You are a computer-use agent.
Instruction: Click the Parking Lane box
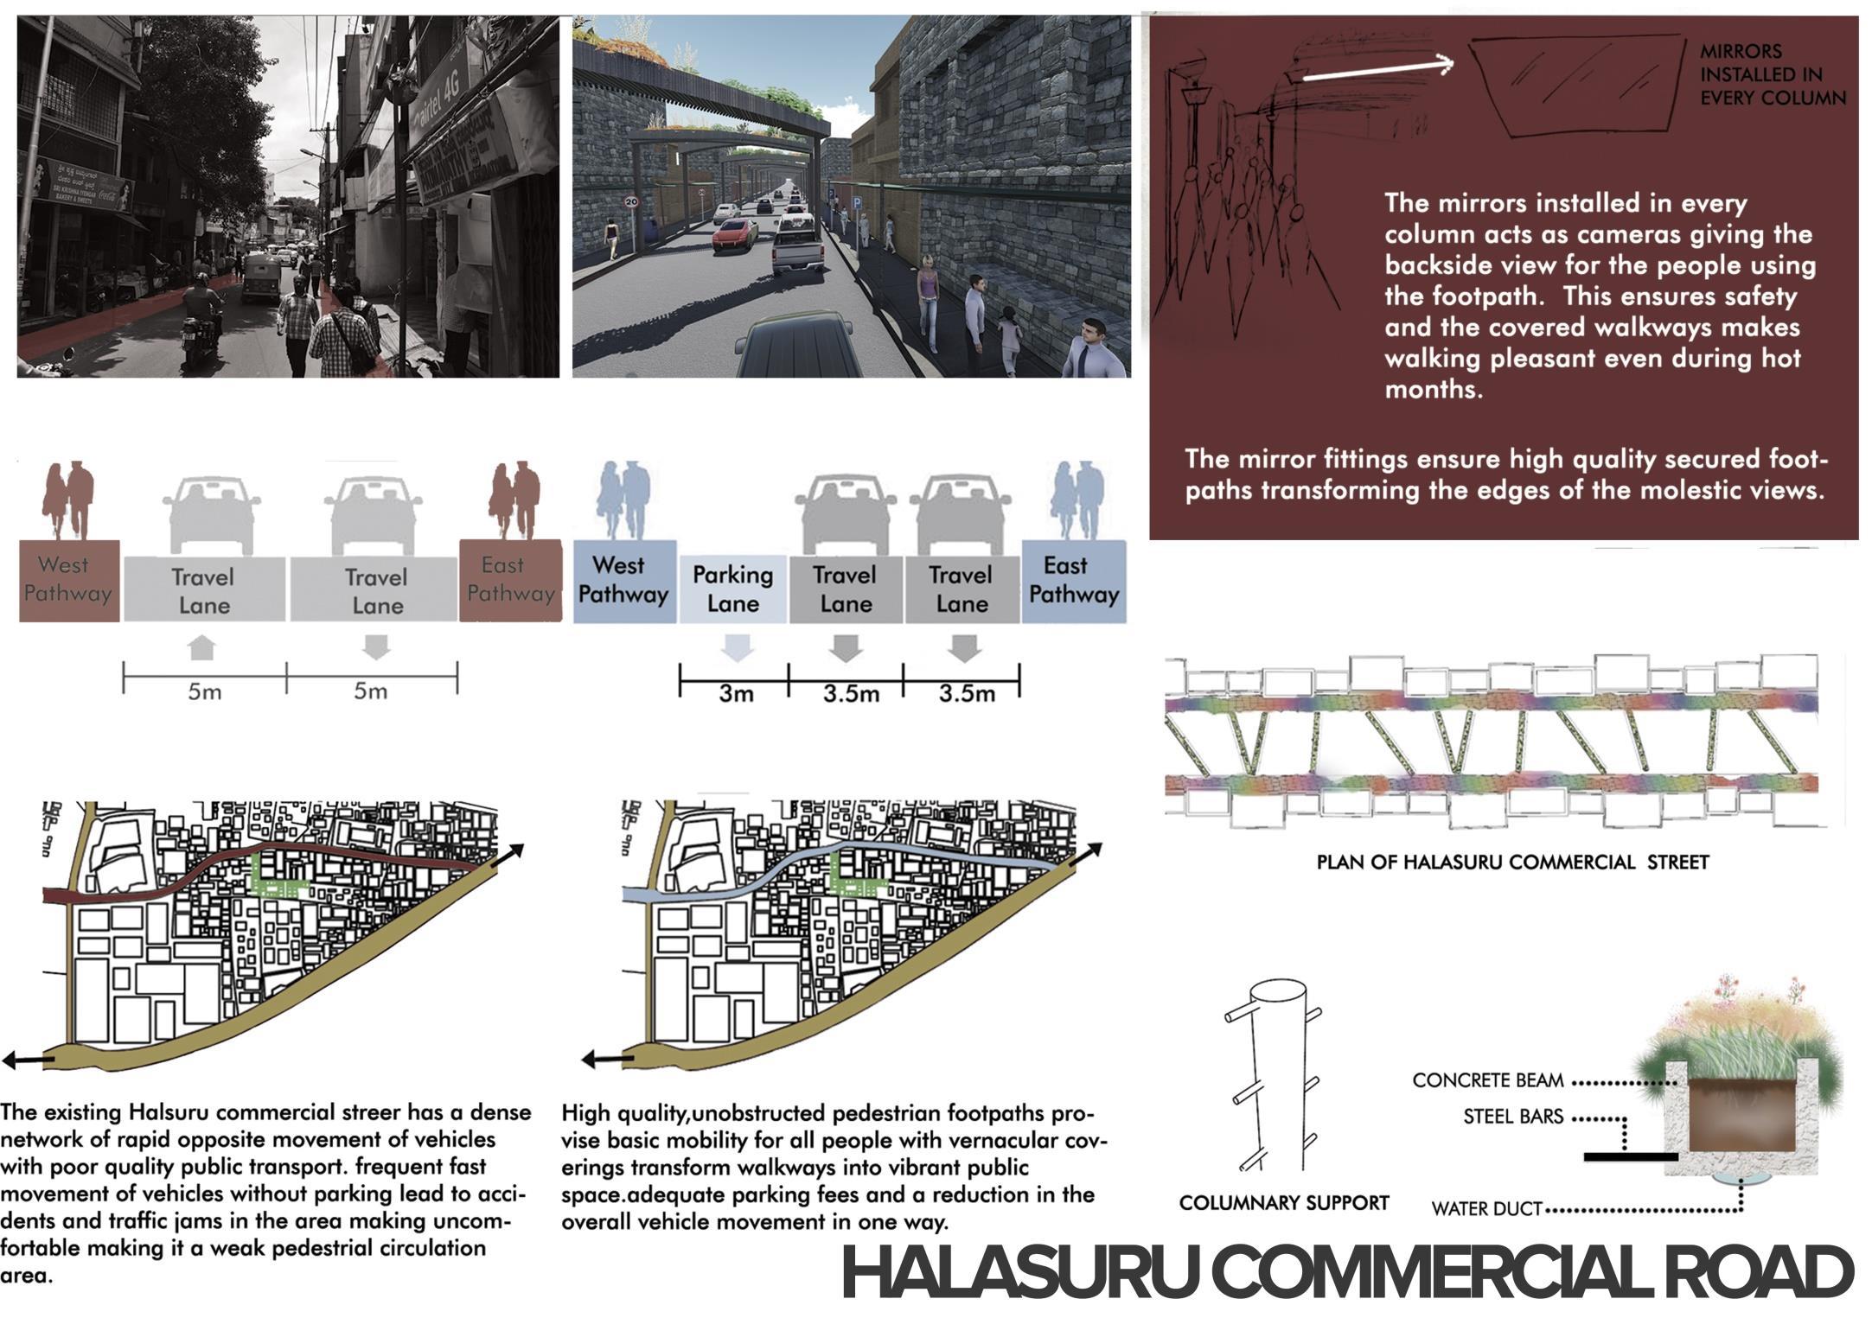click(x=732, y=589)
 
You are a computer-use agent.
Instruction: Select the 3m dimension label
click(x=736, y=693)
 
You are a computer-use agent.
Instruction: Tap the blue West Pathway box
click(x=623, y=580)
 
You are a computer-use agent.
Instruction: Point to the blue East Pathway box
click(x=1073, y=580)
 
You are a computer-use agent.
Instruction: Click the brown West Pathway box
click(x=68, y=580)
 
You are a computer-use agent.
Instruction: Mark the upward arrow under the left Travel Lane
click(x=201, y=647)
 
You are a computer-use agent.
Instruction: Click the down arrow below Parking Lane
click(x=736, y=647)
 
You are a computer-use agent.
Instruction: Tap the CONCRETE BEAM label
click(x=1487, y=1080)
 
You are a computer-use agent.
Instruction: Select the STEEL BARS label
click(x=1512, y=1117)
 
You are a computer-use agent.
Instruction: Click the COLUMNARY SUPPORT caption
click(x=1283, y=1202)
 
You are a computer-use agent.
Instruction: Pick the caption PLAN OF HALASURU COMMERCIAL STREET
click(x=1511, y=862)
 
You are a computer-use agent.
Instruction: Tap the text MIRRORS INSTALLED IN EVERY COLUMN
click(x=1771, y=75)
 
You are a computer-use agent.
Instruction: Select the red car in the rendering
click(x=734, y=233)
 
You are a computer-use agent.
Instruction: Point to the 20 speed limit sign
click(x=631, y=202)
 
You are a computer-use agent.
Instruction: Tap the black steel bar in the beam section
click(x=1631, y=1156)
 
